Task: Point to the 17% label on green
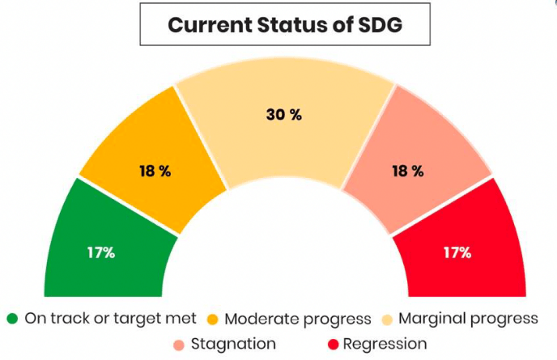(101, 252)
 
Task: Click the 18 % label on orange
(154, 172)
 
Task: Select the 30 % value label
(283, 115)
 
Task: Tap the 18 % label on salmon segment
(406, 172)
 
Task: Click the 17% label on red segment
(457, 252)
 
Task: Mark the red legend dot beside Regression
(332, 345)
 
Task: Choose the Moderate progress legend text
(297, 318)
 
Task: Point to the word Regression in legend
(385, 345)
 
